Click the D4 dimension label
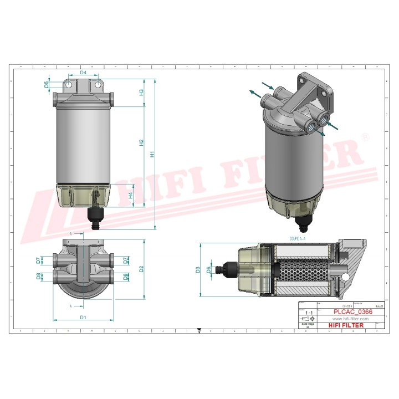point(83,73)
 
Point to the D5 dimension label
point(47,84)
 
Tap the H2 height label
point(141,143)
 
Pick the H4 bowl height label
point(131,195)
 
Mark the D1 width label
point(83,318)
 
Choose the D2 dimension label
point(142,269)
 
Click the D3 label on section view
point(198,270)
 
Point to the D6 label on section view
point(208,270)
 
